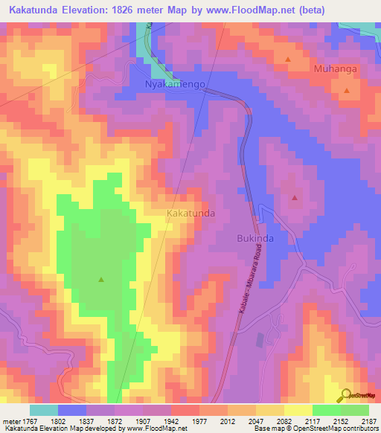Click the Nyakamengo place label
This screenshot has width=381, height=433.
click(x=174, y=86)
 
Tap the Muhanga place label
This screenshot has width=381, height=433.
click(x=336, y=69)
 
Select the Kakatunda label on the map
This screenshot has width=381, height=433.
click(x=191, y=214)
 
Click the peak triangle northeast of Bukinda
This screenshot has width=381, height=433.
click(x=295, y=198)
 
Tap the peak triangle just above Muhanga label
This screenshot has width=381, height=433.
click(x=288, y=58)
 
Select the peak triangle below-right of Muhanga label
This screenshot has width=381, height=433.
click(x=347, y=90)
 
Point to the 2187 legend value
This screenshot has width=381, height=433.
click(x=368, y=421)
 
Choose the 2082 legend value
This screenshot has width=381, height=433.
click(x=284, y=421)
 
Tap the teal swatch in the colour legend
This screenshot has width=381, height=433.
click(x=44, y=410)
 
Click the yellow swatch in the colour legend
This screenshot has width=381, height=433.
click(x=298, y=410)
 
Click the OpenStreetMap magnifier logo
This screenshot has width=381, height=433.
click(x=345, y=394)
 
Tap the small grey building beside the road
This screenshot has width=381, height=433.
click(x=259, y=339)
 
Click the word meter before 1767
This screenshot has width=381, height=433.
click(x=11, y=421)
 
